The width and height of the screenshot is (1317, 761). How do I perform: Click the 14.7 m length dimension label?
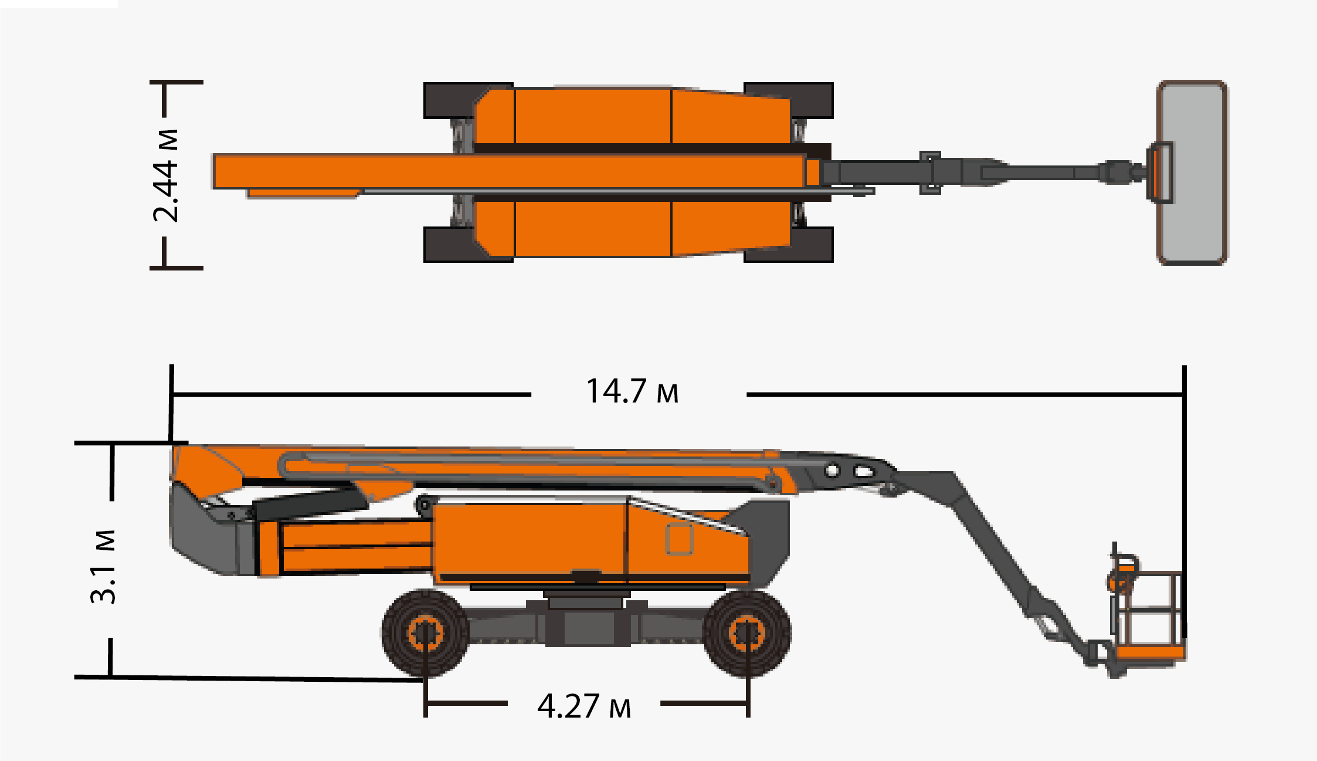click(632, 391)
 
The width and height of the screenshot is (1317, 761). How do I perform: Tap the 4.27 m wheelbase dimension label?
click(584, 706)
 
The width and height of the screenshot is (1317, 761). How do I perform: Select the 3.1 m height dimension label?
click(103, 567)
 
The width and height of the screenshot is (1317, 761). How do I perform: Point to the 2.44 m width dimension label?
click(165, 175)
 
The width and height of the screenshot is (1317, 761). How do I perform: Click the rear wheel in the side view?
click(425, 633)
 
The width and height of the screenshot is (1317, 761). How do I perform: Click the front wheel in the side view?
click(747, 633)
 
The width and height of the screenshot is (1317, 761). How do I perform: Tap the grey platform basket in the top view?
click(1192, 173)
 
